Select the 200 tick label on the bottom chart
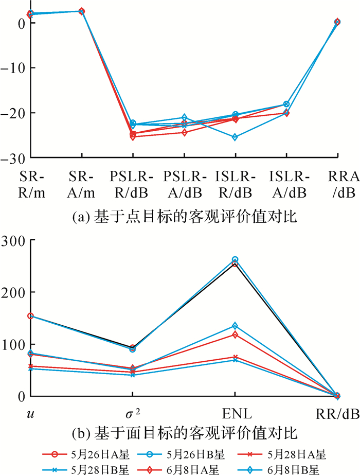13,292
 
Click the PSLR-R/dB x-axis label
132,185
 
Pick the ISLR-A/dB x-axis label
287,185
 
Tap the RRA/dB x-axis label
337,185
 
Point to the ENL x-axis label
235,413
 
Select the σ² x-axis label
133,413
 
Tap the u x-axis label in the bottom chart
30,414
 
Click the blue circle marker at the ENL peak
235,260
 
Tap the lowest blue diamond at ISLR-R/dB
235,137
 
